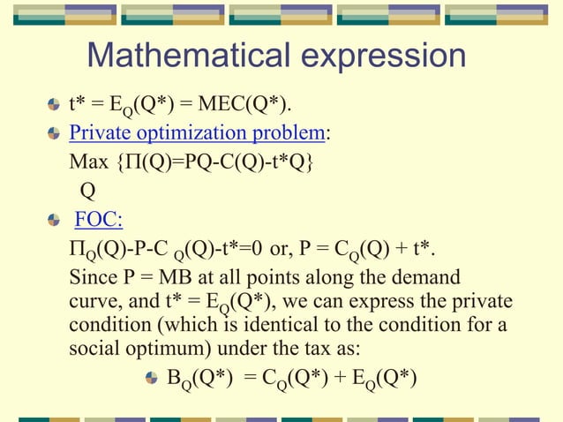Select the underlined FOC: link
pyautogui.click(x=99, y=219)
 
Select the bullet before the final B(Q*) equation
pyautogui.click(x=153, y=377)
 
